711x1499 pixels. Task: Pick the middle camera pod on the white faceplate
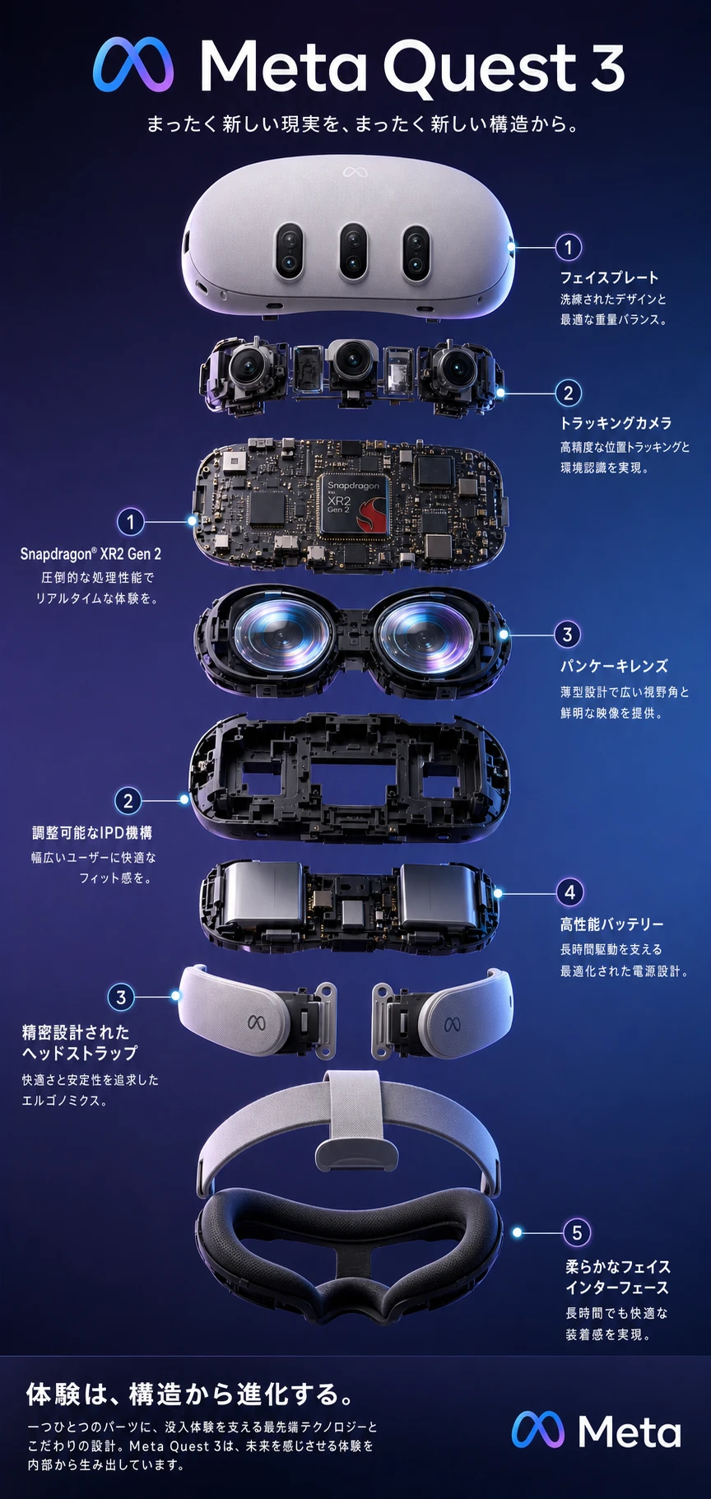click(x=352, y=251)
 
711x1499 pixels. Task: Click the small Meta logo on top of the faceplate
click(x=354, y=172)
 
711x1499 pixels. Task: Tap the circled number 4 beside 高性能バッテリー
click(x=569, y=891)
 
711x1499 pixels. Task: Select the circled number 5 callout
click(x=577, y=1232)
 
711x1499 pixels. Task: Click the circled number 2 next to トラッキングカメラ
click(x=568, y=393)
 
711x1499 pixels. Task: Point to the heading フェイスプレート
click(x=610, y=277)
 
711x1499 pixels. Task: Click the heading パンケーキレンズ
click(x=614, y=666)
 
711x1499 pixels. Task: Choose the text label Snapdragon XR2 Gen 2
click(x=91, y=554)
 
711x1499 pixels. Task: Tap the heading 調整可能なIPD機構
click(x=92, y=832)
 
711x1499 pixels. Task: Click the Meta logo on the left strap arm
click(x=258, y=1022)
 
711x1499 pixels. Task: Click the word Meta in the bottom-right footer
click(x=630, y=1431)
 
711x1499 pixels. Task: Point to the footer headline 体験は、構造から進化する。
click(x=191, y=1394)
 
